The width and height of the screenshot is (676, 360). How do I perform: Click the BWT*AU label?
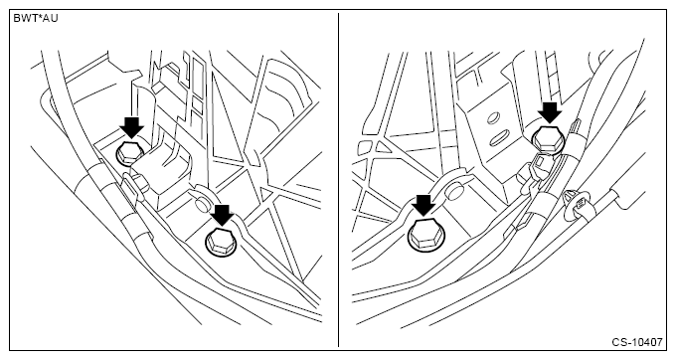point(36,19)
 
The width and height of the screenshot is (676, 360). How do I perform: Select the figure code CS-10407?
point(637,342)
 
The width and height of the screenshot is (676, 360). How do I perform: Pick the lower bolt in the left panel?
point(221,243)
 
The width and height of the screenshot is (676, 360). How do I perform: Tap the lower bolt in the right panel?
point(424,235)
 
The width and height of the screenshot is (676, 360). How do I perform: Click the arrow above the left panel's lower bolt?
point(223,214)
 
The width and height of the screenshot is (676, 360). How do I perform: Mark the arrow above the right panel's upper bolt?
point(550,113)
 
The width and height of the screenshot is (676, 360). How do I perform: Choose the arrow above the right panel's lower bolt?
point(423,205)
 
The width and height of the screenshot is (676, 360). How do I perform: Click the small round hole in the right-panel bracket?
point(493,117)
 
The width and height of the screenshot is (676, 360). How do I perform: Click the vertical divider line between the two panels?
point(338,180)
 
